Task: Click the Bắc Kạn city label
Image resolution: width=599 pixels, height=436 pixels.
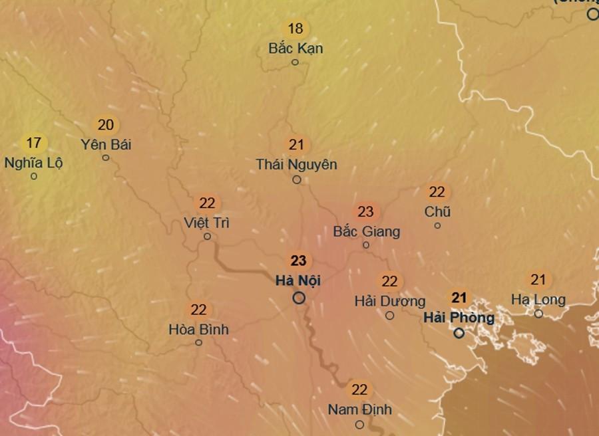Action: [x=296, y=49]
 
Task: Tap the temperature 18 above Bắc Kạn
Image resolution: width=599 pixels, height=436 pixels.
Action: [x=296, y=29]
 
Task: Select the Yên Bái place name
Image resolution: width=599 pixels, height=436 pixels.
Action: [x=105, y=144]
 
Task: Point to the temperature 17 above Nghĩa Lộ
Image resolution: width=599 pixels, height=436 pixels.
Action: [x=34, y=142]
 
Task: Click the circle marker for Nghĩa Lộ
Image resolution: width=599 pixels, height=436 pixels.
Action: [x=34, y=176]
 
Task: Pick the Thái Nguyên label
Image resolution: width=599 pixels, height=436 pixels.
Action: [x=296, y=164]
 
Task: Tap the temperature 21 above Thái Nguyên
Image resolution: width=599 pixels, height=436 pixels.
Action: [x=296, y=144]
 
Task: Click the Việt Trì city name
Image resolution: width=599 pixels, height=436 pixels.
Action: [x=206, y=223]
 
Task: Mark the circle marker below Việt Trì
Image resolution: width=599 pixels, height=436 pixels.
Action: [x=207, y=236]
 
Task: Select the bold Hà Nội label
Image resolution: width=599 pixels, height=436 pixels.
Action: [x=298, y=280]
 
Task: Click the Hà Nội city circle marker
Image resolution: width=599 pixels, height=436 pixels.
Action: [x=299, y=298]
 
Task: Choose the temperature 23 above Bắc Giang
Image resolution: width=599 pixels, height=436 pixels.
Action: [x=365, y=212]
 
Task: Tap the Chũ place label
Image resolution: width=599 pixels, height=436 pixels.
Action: [x=437, y=211]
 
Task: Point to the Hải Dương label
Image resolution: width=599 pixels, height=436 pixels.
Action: [x=389, y=301]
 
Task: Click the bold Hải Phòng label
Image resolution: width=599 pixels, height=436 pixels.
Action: [x=459, y=317]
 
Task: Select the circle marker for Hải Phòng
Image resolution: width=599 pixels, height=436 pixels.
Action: [x=459, y=333]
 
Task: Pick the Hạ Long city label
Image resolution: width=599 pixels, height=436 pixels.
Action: [x=538, y=300]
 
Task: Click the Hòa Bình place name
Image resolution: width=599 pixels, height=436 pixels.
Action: [x=198, y=329]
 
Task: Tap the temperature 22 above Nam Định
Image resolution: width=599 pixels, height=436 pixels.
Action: [x=359, y=389]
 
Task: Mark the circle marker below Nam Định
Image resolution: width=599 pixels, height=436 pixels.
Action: [x=359, y=424]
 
